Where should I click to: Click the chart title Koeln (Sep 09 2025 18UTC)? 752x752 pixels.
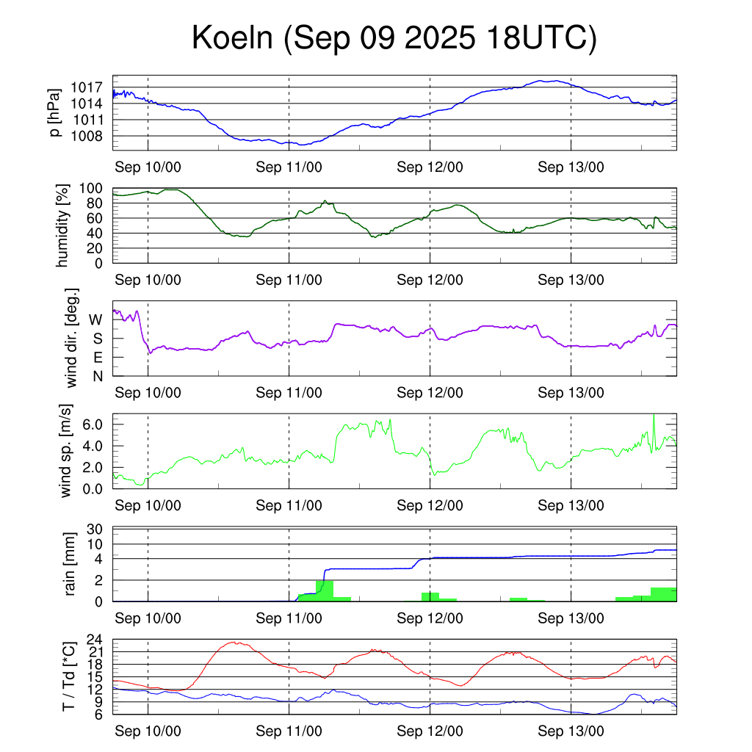[394, 38]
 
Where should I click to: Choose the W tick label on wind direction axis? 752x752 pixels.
[96, 319]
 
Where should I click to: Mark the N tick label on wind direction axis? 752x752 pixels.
[97, 376]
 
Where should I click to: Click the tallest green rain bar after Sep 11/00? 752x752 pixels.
[324, 590]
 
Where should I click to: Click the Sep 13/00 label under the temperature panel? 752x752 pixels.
[571, 731]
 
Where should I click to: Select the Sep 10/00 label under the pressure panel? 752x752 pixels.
[148, 167]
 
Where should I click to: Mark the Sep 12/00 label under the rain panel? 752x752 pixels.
[430, 618]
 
